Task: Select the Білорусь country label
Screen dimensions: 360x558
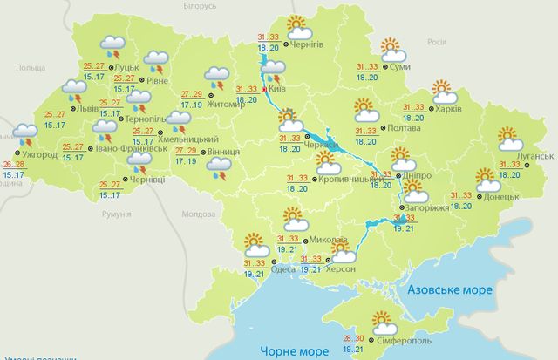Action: point(199,6)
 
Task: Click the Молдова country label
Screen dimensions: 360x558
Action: point(196,214)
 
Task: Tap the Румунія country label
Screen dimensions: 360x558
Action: point(115,214)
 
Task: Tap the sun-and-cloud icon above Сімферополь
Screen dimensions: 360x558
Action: point(382,321)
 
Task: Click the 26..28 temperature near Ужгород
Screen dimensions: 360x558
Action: point(13,164)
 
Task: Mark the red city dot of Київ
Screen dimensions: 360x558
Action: point(265,89)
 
